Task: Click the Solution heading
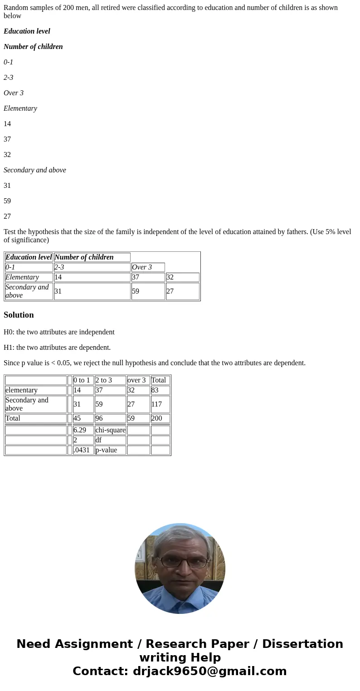19,315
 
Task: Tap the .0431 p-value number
82,450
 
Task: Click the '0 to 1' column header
82,380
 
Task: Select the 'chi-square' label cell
110,430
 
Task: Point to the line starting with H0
59,332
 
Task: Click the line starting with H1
57,348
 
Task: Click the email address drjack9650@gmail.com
209,671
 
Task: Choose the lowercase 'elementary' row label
21,390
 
